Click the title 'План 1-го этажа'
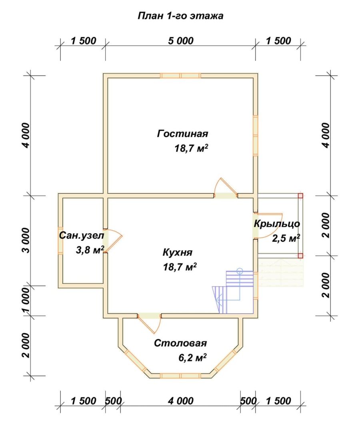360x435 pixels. (180, 16)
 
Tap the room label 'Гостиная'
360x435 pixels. (182, 134)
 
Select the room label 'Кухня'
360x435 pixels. (177, 253)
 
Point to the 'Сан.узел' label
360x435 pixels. (82, 236)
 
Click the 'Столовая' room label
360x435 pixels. (180, 343)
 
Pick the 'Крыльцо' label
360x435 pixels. (277, 224)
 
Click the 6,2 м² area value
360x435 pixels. (192, 358)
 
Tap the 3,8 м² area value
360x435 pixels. (90, 250)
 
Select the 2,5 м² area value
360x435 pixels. (286, 238)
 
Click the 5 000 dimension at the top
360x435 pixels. (180, 41)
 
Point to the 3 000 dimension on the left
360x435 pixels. (26, 240)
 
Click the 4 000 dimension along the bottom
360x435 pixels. (180, 401)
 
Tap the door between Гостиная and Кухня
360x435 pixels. (226, 188)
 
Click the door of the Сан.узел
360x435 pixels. (112, 241)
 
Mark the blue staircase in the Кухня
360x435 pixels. (233, 291)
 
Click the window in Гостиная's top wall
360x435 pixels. (180, 76)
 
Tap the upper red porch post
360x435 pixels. (300, 196)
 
